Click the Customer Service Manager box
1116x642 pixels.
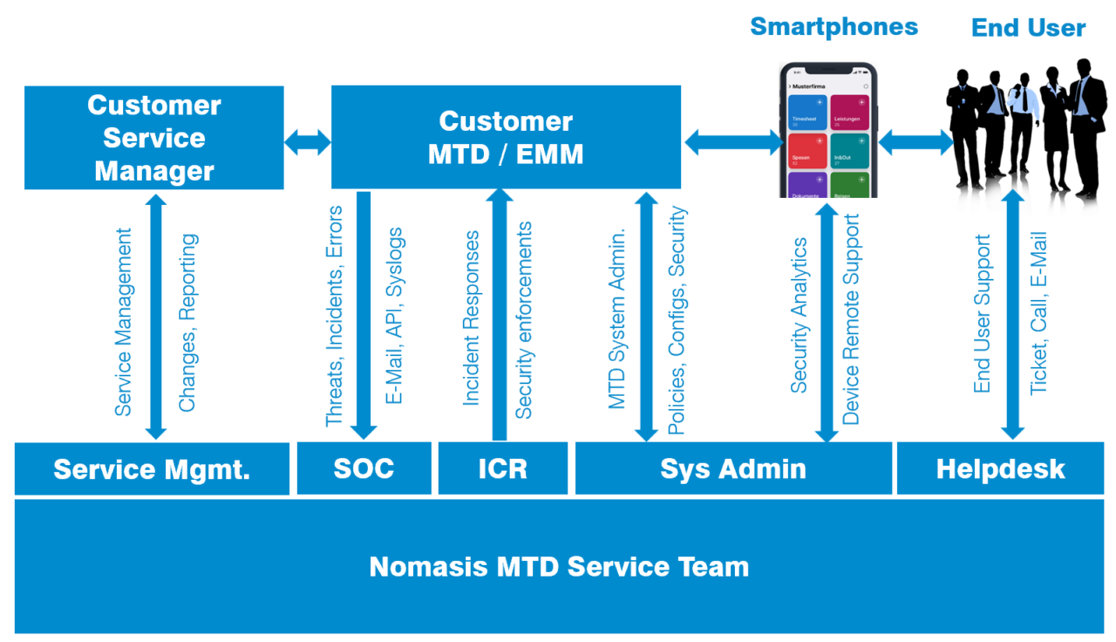click(153, 138)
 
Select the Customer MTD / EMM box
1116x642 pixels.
click(506, 137)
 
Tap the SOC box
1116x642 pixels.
click(364, 468)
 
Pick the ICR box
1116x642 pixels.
click(502, 468)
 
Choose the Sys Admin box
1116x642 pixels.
click(732, 468)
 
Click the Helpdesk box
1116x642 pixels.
click(1000, 468)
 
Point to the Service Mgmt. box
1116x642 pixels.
click(152, 469)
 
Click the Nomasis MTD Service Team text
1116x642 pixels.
click(559, 567)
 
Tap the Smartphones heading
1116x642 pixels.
click(834, 26)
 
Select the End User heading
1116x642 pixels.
click(1028, 28)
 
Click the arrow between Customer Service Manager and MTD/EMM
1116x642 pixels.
click(308, 142)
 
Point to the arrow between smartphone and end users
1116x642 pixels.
click(915, 142)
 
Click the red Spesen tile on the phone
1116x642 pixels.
click(806, 151)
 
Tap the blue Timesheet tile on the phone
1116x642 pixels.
click(806, 113)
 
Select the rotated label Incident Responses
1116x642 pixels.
click(471, 318)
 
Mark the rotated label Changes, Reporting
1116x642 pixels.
click(187, 323)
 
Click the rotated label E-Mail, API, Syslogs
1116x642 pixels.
click(394, 316)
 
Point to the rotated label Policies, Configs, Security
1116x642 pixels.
click(677, 321)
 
